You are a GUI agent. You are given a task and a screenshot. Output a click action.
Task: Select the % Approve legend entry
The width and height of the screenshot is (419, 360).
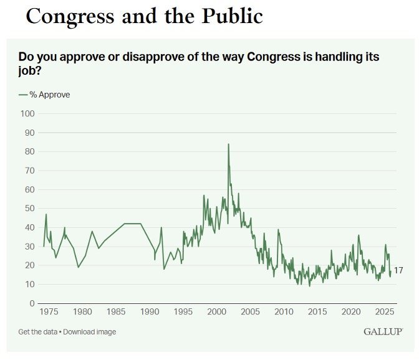(x=44, y=95)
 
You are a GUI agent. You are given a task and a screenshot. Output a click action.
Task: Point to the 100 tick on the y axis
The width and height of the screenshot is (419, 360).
(x=27, y=113)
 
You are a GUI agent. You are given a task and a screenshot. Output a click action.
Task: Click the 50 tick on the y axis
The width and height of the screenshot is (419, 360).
(x=29, y=209)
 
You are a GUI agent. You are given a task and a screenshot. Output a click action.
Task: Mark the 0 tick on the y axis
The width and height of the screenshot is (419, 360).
(x=31, y=303)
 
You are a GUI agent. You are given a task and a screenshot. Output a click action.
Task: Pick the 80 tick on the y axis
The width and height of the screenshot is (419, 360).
(x=29, y=151)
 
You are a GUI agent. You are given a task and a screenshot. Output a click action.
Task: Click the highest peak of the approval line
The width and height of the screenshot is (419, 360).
(x=228, y=144)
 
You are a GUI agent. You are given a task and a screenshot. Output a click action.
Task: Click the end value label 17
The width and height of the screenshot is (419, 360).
(x=398, y=271)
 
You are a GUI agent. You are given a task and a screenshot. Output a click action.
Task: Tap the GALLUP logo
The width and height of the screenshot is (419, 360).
(x=383, y=332)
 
